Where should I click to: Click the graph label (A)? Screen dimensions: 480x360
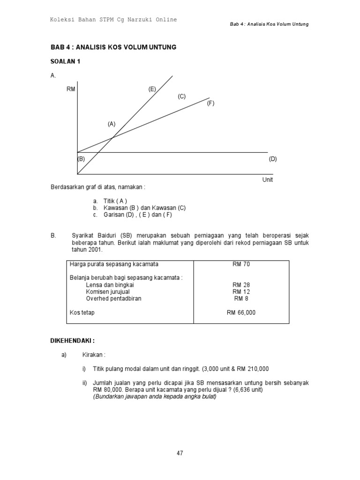(111, 124)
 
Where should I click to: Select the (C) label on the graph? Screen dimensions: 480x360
(181, 97)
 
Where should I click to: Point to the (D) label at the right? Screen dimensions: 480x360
(273, 159)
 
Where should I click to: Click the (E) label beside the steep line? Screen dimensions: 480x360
(152, 89)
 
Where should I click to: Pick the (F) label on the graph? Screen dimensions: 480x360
(210, 103)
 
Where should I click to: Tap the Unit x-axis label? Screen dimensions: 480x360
(267, 180)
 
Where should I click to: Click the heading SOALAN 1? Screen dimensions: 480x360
(65, 61)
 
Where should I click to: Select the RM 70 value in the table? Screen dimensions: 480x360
(241, 264)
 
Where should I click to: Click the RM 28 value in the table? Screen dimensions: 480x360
(241, 285)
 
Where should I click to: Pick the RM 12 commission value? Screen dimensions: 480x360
(241, 292)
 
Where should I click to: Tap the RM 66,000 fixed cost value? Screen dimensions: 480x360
(241, 312)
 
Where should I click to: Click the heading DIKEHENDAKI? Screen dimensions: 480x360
(73, 340)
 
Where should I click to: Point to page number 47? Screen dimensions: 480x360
(180, 453)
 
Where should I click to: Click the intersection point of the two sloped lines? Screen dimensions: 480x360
(112, 137)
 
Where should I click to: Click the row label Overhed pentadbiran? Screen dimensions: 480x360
(113, 299)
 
